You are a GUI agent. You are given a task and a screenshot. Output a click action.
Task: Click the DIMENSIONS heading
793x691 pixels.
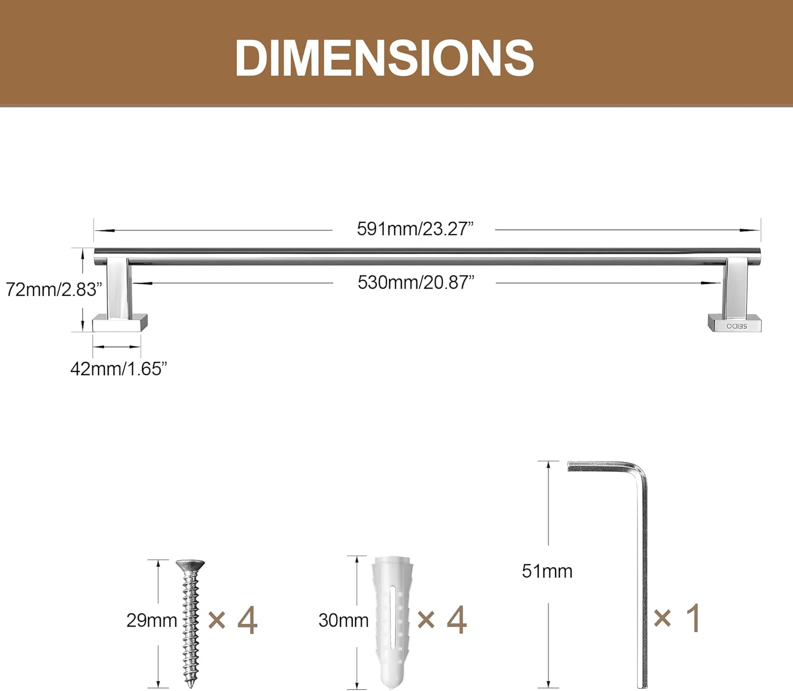click(x=384, y=58)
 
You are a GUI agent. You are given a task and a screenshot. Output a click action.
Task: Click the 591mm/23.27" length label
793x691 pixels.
click(x=415, y=229)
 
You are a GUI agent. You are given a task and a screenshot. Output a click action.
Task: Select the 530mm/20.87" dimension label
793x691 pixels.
click(x=416, y=282)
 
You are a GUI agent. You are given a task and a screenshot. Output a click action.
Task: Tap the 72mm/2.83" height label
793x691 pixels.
click(x=53, y=290)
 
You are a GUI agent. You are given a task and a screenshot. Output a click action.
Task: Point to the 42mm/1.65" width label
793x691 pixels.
click(x=118, y=368)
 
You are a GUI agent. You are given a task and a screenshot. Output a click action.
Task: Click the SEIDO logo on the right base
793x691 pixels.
click(x=736, y=326)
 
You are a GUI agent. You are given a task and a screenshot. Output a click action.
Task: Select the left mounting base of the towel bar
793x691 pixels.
click(x=119, y=323)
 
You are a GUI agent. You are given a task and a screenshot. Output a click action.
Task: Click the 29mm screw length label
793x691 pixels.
click(x=151, y=620)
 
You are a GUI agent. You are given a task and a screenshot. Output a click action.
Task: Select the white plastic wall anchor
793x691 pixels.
click(x=392, y=621)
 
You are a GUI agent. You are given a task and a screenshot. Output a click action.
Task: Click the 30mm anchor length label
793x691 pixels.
click(x=343, y=620)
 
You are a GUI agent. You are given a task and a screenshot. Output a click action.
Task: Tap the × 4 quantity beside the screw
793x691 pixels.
click(x=233, y=620)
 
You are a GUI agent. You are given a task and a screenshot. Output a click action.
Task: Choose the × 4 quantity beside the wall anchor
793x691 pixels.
click(x=442, y=620)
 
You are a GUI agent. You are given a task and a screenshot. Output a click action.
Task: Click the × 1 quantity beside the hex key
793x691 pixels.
click(x=677, y=618)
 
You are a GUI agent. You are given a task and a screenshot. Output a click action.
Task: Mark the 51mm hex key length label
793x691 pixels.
click(x=547, y=571)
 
